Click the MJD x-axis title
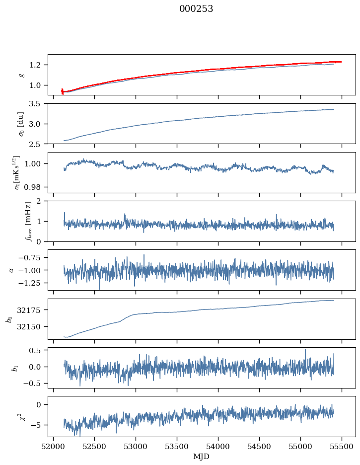202,457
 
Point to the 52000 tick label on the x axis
54,446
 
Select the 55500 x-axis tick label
342,446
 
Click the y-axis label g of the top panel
21,75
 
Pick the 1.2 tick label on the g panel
38,65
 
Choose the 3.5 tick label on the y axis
38,104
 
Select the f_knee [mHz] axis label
28,221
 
